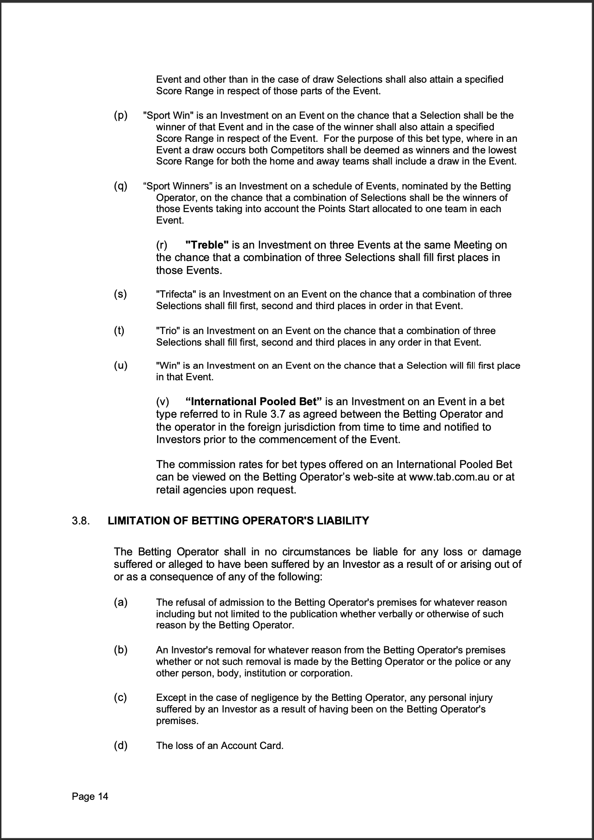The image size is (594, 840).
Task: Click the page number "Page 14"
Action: (90, 797)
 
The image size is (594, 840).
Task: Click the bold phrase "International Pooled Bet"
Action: (254, 402)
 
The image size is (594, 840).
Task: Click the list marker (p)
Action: (121, 115)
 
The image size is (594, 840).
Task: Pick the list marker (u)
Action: (121, 365)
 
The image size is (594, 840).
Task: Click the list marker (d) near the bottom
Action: (121, 745)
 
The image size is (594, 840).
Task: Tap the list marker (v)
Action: (163, 402)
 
